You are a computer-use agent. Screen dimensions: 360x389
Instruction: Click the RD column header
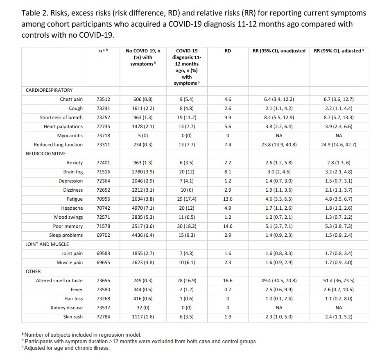[x=228, y=51]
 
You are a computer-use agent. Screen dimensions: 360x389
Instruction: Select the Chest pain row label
[x=71, y=100]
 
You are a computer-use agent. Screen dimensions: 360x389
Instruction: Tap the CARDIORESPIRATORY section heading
[x=49, y=90]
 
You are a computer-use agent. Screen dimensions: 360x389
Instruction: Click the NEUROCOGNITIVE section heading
[x=46, y=154]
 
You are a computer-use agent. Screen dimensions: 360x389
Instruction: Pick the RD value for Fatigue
[x=228, y=199]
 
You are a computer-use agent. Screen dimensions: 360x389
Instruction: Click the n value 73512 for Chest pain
[x=103, y=100]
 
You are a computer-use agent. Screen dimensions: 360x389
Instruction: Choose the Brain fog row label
[x=73, y=172]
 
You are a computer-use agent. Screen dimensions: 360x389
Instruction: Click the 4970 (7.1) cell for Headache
[x=143, y=208]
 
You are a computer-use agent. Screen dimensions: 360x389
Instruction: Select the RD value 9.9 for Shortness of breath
[x=228, y=118]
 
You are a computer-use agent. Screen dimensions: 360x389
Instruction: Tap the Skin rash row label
[x=73, y=317]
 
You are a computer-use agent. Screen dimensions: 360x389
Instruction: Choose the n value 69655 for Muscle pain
[x=103, y=263]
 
